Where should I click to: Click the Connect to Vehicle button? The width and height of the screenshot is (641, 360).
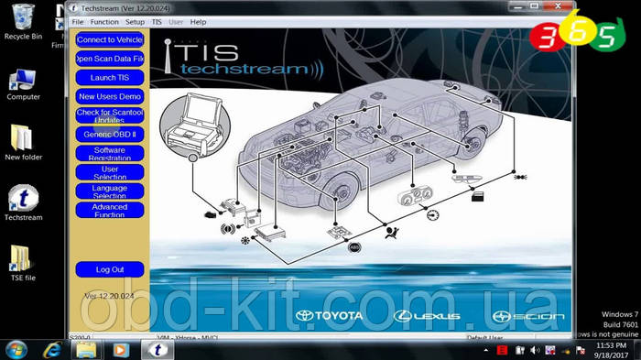coord(110,40)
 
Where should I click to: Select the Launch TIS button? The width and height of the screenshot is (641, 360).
coord(110,78)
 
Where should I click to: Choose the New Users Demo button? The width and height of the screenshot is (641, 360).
coord(110,96)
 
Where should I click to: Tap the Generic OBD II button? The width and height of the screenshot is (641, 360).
coord(110,134)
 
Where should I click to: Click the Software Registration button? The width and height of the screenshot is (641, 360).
coord(110,153)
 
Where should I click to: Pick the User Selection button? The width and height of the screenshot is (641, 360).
coord(110,172)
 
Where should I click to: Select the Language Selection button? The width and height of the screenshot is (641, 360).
coord(110,191)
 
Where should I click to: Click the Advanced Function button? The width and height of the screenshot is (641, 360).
coord(110,211)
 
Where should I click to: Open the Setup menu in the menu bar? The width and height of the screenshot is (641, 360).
coord(135,21)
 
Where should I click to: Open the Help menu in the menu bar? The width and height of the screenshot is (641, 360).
coord(199,21)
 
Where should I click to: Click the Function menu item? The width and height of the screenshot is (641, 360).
coord(104,21)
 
